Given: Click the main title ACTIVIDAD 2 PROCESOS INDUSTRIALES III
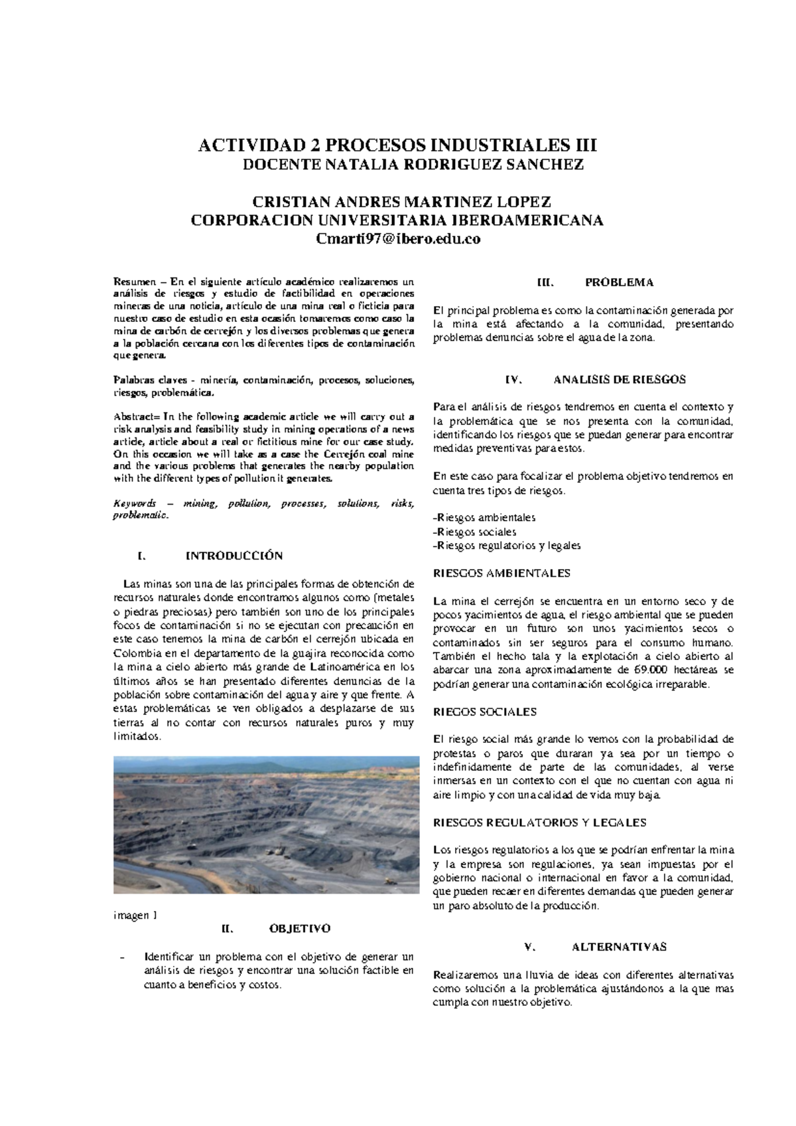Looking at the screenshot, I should (x=398, y=145).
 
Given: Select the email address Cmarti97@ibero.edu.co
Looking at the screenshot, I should (x=397, y=240).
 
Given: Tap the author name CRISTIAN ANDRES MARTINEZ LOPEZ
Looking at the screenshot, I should (x=397, y=202).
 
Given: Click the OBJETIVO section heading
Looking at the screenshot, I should (x=300, y=928).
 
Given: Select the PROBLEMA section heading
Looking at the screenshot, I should (x=619, y=282).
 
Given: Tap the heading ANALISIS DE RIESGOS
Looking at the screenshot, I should (x=619, y=380).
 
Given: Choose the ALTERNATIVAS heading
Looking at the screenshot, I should (x=619, y=947).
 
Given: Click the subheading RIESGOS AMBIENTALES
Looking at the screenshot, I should (x=501, y=573).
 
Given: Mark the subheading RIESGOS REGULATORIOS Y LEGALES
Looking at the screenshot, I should (x=539, y=823).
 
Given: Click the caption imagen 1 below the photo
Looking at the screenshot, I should (x=135, y=916).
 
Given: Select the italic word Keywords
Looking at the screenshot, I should (x=135, y=504).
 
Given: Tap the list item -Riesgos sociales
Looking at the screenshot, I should (x=474, y=532).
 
